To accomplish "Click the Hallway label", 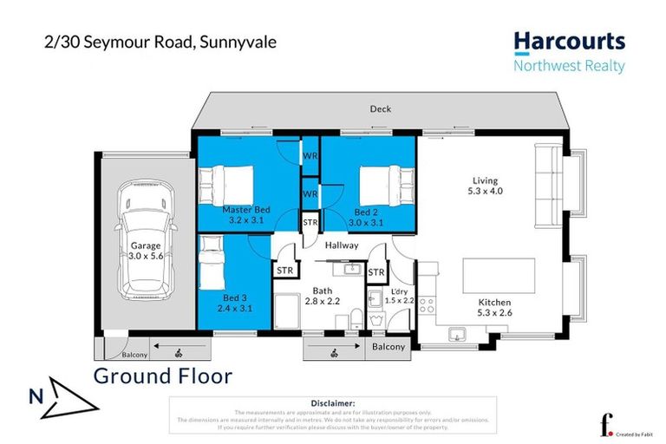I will (x=342, y=246).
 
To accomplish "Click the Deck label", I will (x=380, y=109).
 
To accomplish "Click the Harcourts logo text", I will (x=569, y=42).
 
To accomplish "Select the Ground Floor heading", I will (x=162, y=376).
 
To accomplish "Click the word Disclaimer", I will (x=332, y=403).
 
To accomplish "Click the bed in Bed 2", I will (x=382, y=184).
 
